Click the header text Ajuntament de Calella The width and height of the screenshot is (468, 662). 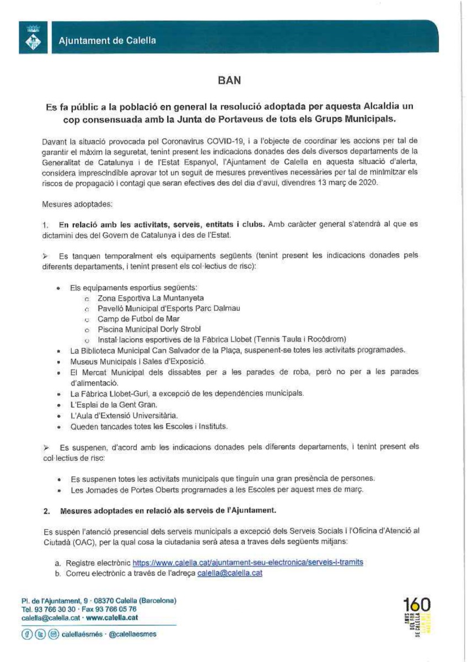[x=107, y=40]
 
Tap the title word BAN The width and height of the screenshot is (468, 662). [x=229, y=80]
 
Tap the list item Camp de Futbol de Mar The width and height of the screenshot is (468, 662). [x=138, y=319]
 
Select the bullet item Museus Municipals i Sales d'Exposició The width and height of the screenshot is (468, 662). [x=137, y=361]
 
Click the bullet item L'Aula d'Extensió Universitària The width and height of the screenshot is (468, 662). [x=124, y=415]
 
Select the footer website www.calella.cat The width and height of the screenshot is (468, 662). [x=112, y=618]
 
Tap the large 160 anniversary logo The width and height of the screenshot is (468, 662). [x=418, y=605]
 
